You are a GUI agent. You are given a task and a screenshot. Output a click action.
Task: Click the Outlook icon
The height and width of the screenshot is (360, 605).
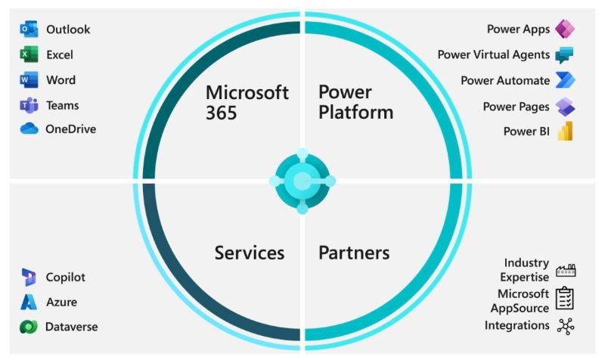coord(29,29)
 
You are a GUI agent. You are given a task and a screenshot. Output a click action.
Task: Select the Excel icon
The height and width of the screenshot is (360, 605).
coord(29,54)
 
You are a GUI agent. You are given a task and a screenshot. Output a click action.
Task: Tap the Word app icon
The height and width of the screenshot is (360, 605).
coord(29,80)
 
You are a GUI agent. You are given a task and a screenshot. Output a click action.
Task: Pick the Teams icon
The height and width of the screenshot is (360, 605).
coord(29,106)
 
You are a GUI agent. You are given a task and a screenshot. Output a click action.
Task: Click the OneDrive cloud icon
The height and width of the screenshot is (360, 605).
coord(29,129)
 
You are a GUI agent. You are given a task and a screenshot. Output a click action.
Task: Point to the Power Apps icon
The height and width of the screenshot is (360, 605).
coord(564,29)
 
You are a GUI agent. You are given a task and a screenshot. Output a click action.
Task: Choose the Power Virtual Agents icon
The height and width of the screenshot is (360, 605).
coord(564,55)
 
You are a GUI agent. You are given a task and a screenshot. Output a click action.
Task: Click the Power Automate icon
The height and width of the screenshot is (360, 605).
coord(564,80)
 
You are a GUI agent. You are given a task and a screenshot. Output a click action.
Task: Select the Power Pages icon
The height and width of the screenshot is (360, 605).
coord(564,106)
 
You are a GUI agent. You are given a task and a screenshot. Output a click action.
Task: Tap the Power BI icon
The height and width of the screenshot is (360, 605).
coord(564,131)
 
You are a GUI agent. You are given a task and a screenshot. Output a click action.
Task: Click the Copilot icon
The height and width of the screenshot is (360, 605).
coord(29,277)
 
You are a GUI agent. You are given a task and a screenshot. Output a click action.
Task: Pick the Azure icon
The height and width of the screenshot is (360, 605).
coord(29,303)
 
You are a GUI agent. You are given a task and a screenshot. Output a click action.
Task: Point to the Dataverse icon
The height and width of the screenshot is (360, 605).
coord(29,327)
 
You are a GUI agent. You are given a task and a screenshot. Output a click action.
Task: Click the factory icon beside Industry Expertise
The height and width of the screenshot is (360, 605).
coord(565,269)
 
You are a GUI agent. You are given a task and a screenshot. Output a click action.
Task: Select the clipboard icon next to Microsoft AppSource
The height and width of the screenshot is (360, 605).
coord(565,299)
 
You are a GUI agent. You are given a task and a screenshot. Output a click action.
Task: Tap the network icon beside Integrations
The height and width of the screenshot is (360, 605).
coord(565,326)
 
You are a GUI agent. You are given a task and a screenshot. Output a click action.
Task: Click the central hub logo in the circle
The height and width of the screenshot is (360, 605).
coord(302,181)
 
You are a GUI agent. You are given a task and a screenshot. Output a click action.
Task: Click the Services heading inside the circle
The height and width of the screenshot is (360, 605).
coord(250,253)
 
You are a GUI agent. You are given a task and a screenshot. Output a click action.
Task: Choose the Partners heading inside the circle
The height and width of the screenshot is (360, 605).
coord(354,253)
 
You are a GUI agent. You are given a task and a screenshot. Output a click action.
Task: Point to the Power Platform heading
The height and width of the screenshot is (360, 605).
coord(355,102)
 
